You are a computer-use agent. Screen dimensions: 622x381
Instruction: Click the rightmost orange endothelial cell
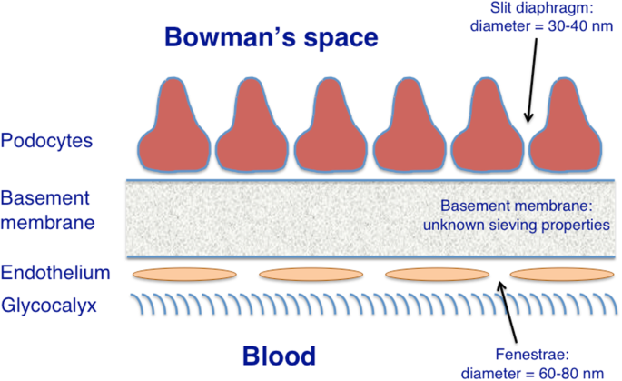pos(554,274)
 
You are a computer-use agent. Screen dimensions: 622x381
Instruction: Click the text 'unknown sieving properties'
pos(522,224)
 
